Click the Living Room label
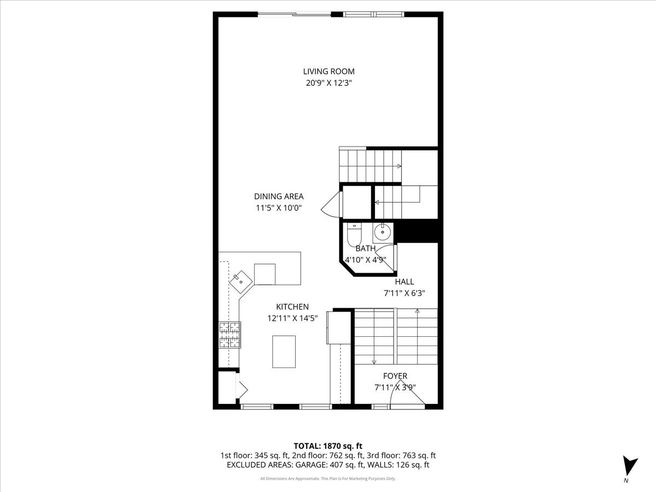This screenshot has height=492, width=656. [329, 72]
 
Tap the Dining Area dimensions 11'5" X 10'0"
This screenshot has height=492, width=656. [279, 208]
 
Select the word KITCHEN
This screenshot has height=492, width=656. [292, 307]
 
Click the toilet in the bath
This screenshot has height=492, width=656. [354, 235]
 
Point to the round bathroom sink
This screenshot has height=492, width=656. [383, 233]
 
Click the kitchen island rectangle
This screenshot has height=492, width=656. [284, 352]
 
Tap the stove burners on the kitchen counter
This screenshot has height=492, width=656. [230, 335]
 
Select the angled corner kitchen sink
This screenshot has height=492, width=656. [241, 282]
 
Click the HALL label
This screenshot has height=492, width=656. [405, 282]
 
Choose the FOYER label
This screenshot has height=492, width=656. [395, 376]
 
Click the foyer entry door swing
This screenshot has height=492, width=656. [408, 393]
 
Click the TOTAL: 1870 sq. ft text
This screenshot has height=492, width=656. [328, 446]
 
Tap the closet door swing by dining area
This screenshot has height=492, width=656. [331, 204]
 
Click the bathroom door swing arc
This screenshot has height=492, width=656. [386, 257]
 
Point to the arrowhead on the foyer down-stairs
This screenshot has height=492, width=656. [373, 362]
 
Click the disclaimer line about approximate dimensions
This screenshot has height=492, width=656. [328, 478]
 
